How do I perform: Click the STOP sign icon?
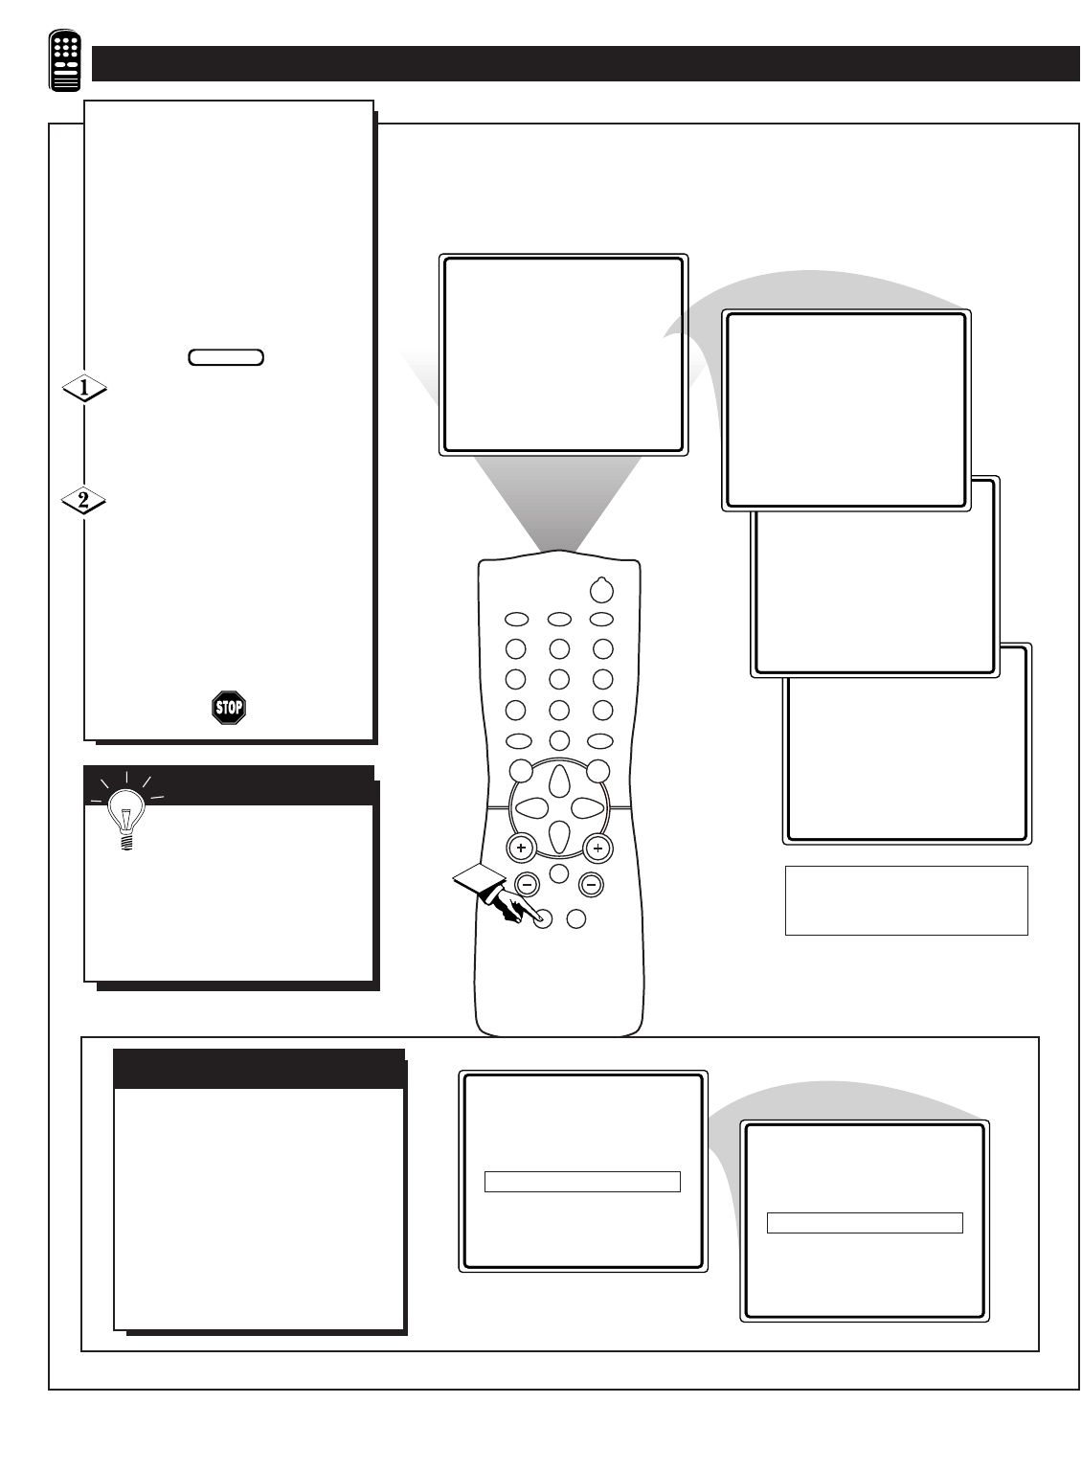click(229, 708)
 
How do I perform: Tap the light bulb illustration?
click(126, 813)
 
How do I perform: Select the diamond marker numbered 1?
click(84, 388)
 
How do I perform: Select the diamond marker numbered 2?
click(83, 501)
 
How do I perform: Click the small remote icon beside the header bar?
click(65, 59)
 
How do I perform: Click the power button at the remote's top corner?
click(601, 590)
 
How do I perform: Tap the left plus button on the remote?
click(521, 848)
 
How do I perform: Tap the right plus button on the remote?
click(597, 848)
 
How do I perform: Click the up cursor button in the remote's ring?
click(559, 781)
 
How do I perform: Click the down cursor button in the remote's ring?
click(559, 836)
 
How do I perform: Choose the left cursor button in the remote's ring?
click(531, 807)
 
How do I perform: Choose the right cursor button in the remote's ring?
click(587, 807)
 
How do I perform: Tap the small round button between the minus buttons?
click(559, 873)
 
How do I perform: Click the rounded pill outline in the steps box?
click(226, 357)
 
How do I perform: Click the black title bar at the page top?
click(586, 64)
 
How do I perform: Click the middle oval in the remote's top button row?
click(559, 620)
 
